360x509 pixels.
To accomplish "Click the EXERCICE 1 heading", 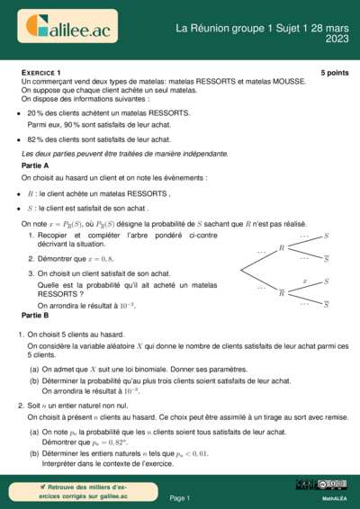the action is click(41, 71).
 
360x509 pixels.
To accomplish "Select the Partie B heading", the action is click(35, 317).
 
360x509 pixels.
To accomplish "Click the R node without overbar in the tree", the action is click(282, 246).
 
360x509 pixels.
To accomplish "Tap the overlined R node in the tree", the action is click(282, 292).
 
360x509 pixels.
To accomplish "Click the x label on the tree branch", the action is click(305, 281).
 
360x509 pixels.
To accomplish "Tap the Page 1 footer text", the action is click(180, 497).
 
